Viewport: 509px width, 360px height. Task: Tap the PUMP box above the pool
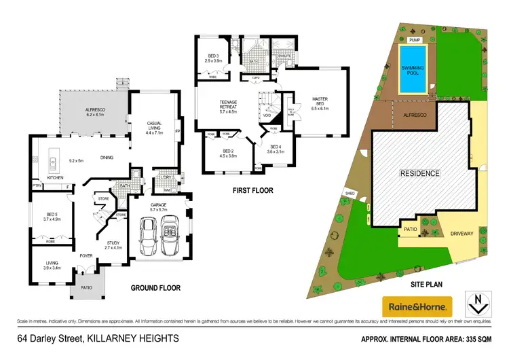pyautogui.click(x=406, y=39)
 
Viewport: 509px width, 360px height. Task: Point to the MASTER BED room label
pyautogui.click(x=320, y=100)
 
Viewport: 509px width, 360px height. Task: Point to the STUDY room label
pyautogui.click(x=113, y=246)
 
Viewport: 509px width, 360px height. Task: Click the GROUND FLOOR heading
pyautogui.click(x=155, y=288)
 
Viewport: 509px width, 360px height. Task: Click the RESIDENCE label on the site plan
pyautogui.click(x=419, y=173)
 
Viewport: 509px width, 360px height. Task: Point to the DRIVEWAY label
pyautogui.click(x=461, y=234)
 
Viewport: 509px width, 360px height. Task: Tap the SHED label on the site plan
pyautogui.click(x=351, y=193)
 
